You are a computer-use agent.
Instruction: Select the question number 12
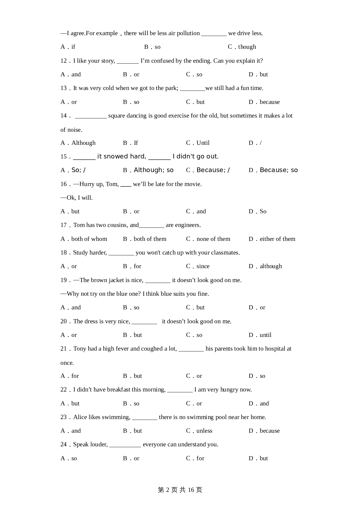coord(64,61)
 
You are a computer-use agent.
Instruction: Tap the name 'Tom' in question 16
coord(112,184)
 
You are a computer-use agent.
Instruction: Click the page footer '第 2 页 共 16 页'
coord(180,490)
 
